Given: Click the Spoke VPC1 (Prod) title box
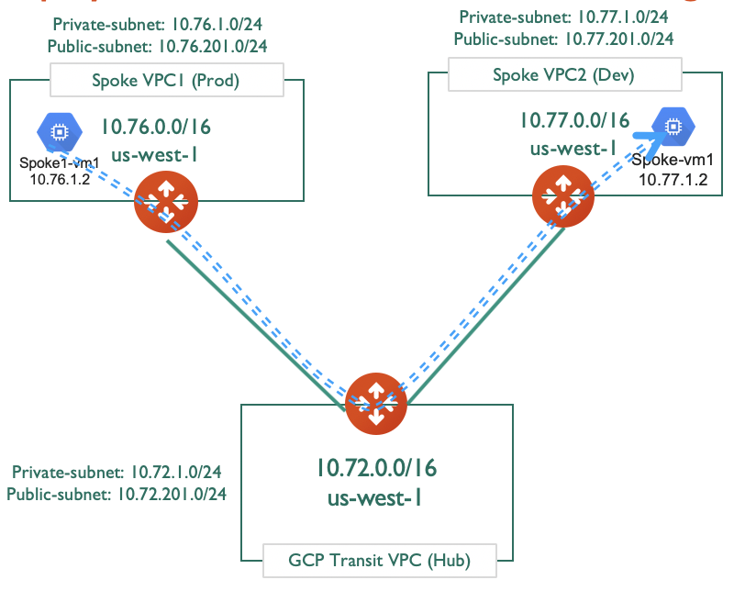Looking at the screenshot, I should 165,81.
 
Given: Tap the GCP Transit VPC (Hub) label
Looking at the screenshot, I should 379,558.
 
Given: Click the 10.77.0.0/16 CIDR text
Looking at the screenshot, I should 574,120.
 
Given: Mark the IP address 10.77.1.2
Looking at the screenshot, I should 676,180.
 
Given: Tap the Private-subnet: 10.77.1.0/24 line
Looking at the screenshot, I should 563,17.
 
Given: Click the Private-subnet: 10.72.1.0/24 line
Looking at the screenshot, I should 117,473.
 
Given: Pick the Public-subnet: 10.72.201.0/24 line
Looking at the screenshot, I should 117,494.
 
